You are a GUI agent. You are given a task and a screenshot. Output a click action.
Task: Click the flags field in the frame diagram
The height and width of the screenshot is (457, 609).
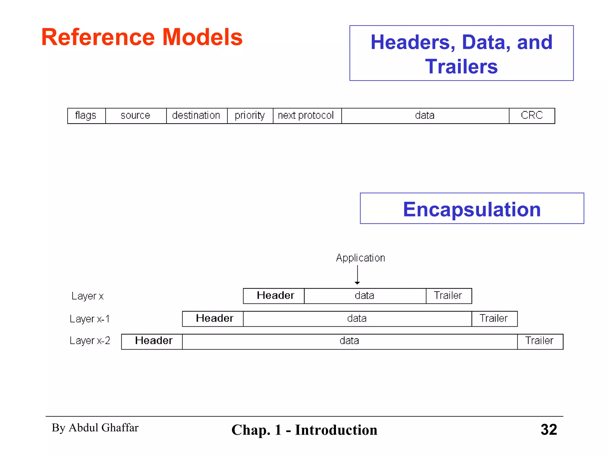point(86,115)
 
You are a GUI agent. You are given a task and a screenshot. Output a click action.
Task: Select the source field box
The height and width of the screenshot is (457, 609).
point(136,115)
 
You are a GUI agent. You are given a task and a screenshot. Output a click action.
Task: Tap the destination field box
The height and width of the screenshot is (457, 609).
point(197,115)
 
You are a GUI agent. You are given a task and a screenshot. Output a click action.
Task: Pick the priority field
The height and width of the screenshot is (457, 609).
point(250,115)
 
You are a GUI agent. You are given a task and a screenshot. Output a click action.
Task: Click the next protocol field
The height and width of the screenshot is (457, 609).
point(307,115)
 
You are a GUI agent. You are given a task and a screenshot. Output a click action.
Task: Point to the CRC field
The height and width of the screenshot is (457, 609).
point(532,115)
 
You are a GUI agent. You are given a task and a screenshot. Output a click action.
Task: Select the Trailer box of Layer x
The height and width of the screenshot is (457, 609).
point(448,296)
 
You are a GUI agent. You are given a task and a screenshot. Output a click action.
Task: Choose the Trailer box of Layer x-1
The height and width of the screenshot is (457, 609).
point(494,319)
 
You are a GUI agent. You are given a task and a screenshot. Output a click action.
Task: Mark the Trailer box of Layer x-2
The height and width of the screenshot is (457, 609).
point(540,341)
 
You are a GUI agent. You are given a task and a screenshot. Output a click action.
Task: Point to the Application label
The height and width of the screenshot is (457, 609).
point(360,258)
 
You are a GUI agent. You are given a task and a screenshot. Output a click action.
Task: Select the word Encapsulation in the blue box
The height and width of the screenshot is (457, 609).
point(472,209)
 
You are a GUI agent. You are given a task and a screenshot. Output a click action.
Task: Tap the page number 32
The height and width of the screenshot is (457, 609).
point(549,430)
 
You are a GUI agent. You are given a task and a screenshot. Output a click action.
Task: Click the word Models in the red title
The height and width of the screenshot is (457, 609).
point(202,37)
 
